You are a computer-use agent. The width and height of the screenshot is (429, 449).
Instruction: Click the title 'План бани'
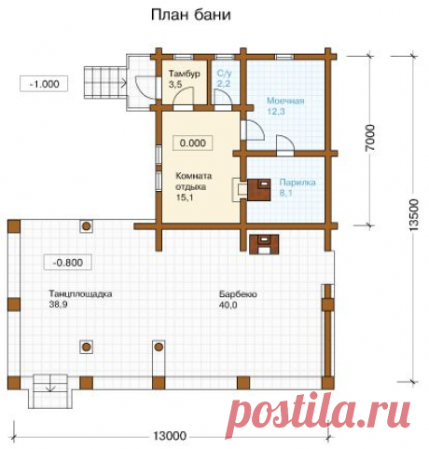[191, 15]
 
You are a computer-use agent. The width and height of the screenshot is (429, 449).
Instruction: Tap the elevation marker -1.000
[44, 84]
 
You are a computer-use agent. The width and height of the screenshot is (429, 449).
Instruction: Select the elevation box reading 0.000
[193, 143]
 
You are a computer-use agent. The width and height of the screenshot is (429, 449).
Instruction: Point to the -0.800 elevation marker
[68, 263]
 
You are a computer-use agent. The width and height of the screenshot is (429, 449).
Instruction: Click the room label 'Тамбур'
[185, 74]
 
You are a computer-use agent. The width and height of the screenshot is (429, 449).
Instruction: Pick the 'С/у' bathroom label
[224, 74]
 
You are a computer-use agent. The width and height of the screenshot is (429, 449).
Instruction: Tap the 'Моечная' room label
[285, 101]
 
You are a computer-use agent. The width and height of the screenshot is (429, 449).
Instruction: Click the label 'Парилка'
[298, 182]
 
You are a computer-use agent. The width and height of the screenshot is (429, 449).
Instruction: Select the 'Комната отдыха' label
[194, 182]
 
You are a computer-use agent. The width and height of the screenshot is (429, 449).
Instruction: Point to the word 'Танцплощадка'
[80, 293]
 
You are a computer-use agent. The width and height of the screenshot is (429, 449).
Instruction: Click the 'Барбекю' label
[238, 293]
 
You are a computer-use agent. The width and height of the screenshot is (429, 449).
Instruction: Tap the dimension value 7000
[370, 138]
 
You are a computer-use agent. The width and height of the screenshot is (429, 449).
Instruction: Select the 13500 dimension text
[414, 215]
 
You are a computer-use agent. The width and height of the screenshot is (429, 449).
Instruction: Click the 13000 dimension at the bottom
[170, 436]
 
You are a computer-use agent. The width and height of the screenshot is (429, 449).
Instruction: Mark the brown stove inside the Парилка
[258, 189]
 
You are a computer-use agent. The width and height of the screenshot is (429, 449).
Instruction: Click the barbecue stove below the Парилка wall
[264, 244]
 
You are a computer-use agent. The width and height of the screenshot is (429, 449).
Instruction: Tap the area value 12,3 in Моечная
[276, 112]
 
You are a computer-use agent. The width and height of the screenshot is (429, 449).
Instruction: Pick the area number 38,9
[58, 305]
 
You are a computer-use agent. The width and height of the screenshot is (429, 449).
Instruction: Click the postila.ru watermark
[322, 410]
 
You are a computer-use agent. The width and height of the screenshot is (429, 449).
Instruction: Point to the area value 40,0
[228, 305]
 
